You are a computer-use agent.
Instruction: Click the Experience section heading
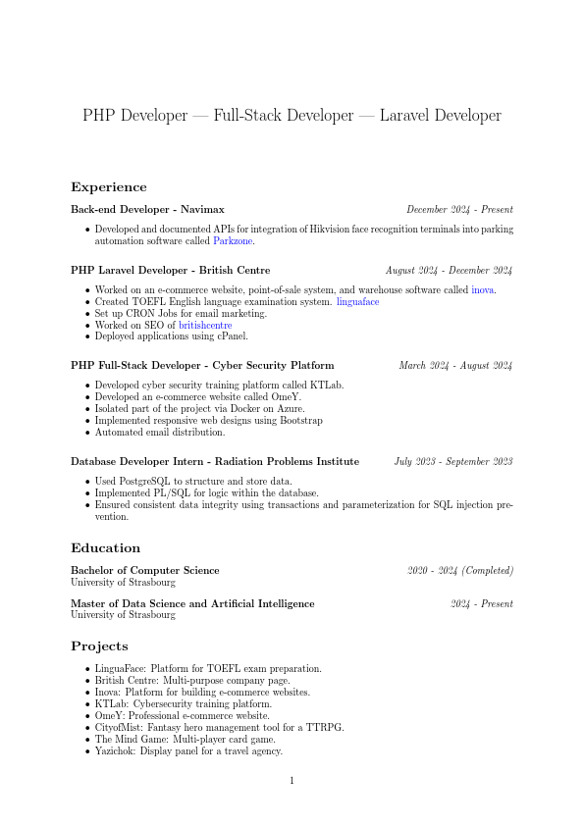(x=109, y=187)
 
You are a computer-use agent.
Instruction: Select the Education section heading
(x=105, y=548)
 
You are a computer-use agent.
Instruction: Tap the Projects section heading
(x=99, y=646)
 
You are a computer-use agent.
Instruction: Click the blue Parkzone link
(x=234, y=240)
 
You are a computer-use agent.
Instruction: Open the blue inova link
(x=483, y=290)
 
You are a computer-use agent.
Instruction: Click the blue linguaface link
(x=357, y=302)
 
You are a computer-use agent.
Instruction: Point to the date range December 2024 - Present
(x=459, y=210)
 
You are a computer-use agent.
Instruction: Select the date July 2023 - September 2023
(x=453, y=461)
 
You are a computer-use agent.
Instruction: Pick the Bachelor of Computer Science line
(x=145, y=570)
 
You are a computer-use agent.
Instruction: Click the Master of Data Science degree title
(x=192, y=604)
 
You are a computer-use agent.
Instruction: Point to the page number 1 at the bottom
(x=292, y=781)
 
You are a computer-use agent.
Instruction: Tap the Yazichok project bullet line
(x=188, y=751)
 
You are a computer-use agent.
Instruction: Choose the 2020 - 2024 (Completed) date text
(x=460, y=570)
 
